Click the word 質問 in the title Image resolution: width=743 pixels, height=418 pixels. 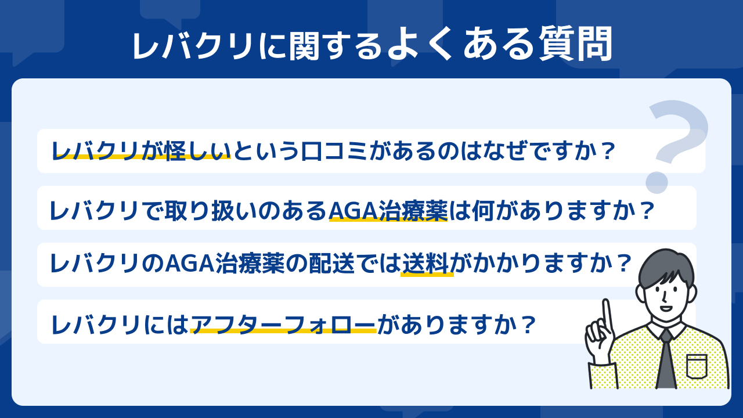(575, 44)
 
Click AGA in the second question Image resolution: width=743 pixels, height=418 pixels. (354, 211)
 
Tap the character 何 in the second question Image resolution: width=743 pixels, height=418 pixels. (482, 211)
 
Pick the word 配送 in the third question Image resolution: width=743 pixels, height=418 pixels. (332, 264)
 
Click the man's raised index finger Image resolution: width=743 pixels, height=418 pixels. (607, 315)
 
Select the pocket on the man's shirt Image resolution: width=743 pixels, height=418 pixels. (697, 366)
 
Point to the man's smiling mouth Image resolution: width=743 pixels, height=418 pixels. (666, 308)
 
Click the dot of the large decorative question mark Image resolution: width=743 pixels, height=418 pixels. (657, 182)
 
